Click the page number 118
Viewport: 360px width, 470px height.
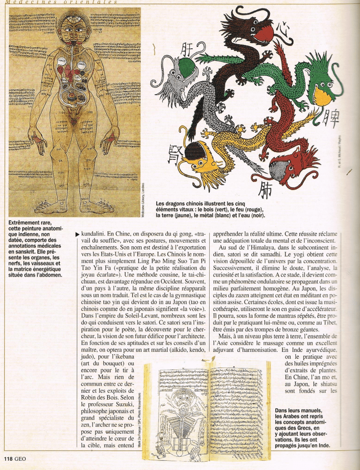pos(8,458)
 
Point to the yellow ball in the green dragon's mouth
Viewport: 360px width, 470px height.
pos(322,96)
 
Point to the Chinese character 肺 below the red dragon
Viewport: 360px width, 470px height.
pos(265,191)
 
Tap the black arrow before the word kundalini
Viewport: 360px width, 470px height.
pos(77,234)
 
